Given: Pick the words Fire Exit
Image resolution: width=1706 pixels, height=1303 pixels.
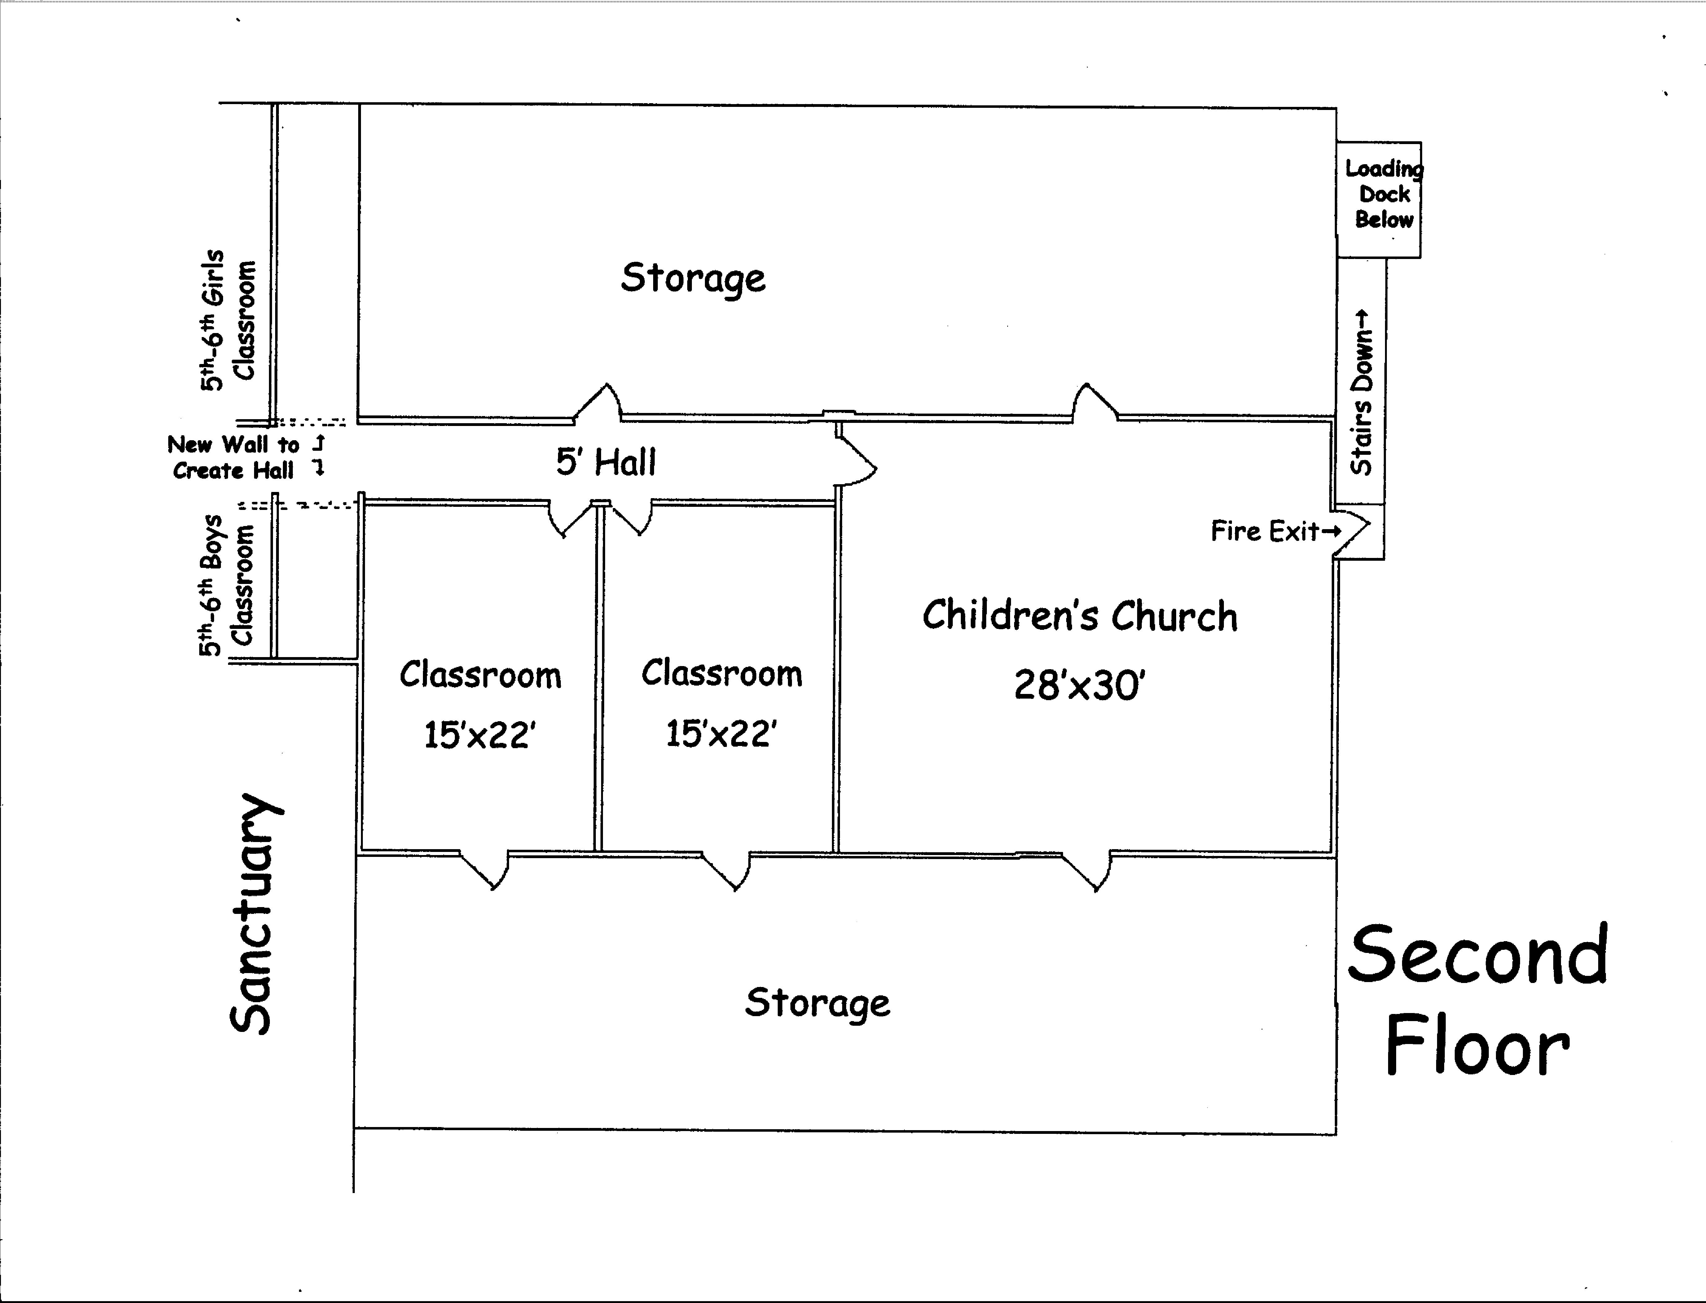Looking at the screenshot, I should pos(1264,531).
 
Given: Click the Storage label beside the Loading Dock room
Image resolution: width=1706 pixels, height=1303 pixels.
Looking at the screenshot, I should pos(693,278).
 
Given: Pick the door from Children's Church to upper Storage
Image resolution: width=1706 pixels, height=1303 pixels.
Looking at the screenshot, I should pos(1094,403).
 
